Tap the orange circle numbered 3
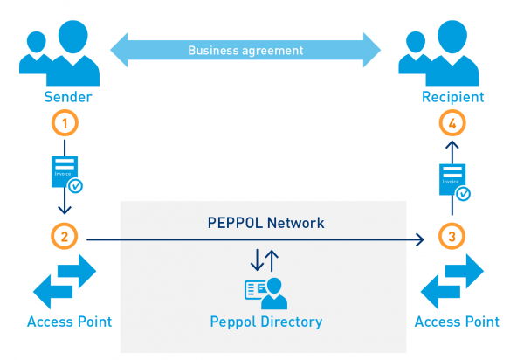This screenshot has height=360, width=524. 452,236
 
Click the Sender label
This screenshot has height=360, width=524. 65,96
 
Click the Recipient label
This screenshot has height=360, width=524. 452,96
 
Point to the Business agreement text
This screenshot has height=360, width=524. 246,50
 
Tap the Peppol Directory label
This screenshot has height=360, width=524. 265,322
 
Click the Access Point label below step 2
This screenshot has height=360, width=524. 69,322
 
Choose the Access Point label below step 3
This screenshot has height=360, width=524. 457,322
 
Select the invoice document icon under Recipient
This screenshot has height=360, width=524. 452,180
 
